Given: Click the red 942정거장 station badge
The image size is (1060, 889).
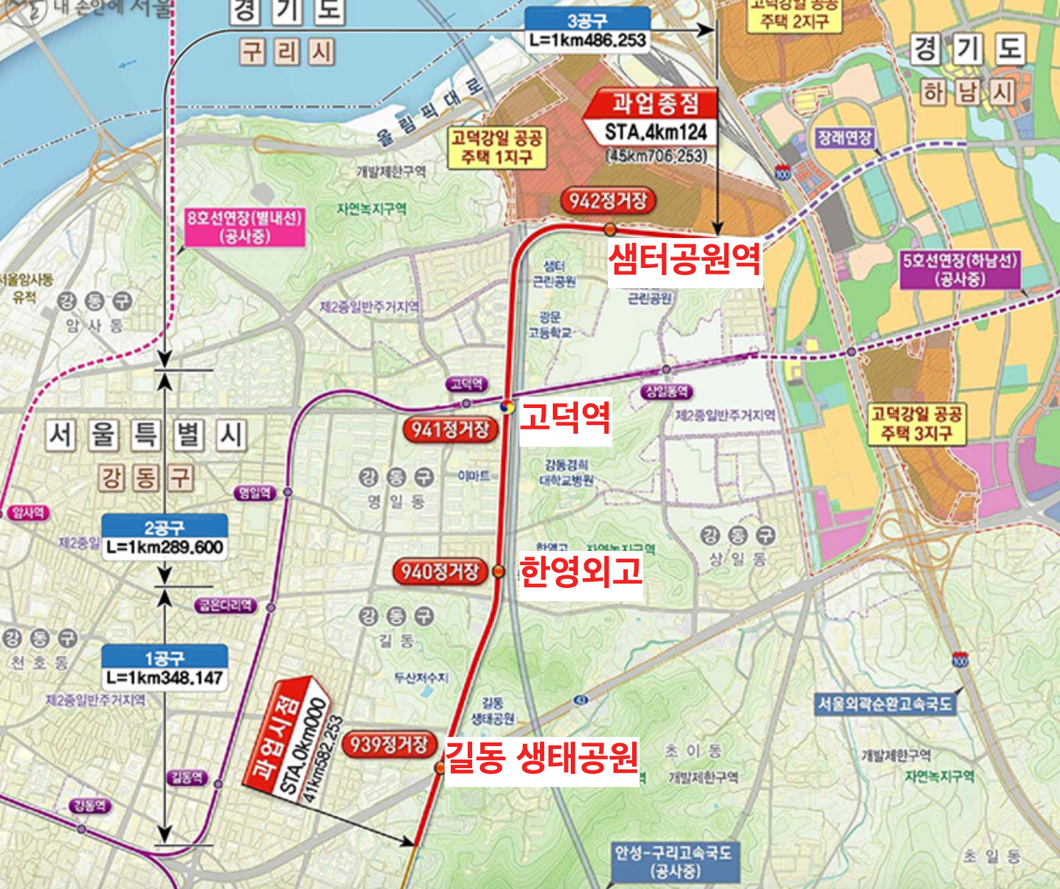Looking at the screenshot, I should pyautogui.click(x=608, y=201).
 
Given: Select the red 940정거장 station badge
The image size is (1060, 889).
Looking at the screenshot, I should pyautogui.click(x=439, y=572).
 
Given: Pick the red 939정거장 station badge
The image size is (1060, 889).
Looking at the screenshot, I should pyautogui.click(x=389, y=745).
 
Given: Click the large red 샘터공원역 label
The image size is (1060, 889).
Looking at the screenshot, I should pyautogui.click(x=684, y=259).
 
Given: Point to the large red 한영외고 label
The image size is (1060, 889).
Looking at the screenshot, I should pyautogui.click(x=580, y=571).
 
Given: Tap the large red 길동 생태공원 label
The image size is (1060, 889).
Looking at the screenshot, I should pyautogui.click(x=541, y=758).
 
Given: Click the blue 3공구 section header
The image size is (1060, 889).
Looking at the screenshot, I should pyautogui.click(x=587, y=20).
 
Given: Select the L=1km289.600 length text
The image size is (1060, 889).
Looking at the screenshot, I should pyautogui.click(x=165, y=548).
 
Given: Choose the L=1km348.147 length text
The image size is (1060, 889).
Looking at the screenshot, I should pyautogui.click(x=165, y=678).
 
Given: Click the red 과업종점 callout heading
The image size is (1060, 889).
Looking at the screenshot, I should pyautogui.click(x=654, y=104).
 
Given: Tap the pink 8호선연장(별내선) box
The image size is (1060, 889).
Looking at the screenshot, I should pyautogui.click(x=245, y=227).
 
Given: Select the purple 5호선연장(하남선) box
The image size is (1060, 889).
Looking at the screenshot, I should pyautogui.click(x=959, y=269).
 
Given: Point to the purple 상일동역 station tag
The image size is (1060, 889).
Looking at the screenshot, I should pyautogui.click(x=667, y=391).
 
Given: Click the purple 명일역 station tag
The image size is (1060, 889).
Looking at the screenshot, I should pyautogui.click(x=254, y=493).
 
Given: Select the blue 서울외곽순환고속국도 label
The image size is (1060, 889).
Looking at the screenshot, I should pyautogui.click(x=885, y=704).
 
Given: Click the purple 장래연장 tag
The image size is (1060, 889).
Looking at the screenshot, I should pyautogui.click(x=844, y=138).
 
